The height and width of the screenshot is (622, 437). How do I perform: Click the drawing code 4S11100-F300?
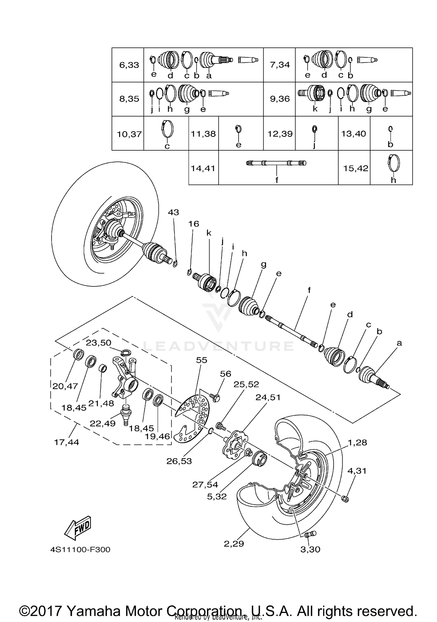click(80, 550)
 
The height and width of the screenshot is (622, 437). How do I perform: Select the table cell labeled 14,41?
click(203, 168)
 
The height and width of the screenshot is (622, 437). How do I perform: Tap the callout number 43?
click(173, 212)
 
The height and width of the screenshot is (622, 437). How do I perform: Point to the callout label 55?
click(201, 360)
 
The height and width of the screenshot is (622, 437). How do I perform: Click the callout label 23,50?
click(98, 343)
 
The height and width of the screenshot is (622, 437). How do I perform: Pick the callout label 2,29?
click(234, 544)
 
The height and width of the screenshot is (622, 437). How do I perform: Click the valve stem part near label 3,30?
click(310, 534)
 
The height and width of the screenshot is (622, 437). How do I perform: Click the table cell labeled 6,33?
click(129, 65)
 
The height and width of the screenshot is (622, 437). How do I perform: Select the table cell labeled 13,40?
click(354, 134)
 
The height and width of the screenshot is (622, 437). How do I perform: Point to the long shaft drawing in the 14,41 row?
click(276, 163)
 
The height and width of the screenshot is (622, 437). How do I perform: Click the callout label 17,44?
click(66, 442)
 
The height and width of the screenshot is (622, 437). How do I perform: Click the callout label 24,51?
click(268, 397)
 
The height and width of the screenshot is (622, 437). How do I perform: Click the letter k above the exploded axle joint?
click(209, 233)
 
